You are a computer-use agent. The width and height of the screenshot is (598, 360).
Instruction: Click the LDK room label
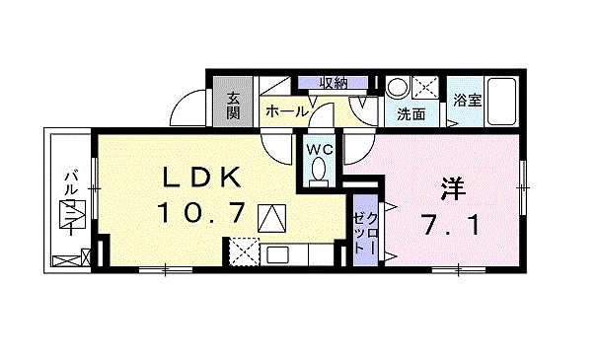point(201,179)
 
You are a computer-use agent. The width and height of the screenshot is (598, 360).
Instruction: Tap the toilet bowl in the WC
point(318,172)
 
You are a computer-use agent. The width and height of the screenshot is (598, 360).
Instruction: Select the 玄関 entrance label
point(234,105)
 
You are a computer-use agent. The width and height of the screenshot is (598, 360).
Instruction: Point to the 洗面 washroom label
point(411,113)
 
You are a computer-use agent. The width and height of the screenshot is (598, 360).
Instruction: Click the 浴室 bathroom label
point(466,100)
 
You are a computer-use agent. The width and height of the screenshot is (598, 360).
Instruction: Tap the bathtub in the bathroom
point(502,102)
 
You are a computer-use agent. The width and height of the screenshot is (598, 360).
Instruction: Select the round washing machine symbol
point(397,87)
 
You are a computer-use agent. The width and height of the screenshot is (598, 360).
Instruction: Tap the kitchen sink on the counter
point(276,254)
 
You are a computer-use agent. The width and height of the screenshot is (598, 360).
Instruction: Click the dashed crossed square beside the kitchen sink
point(241,253)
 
